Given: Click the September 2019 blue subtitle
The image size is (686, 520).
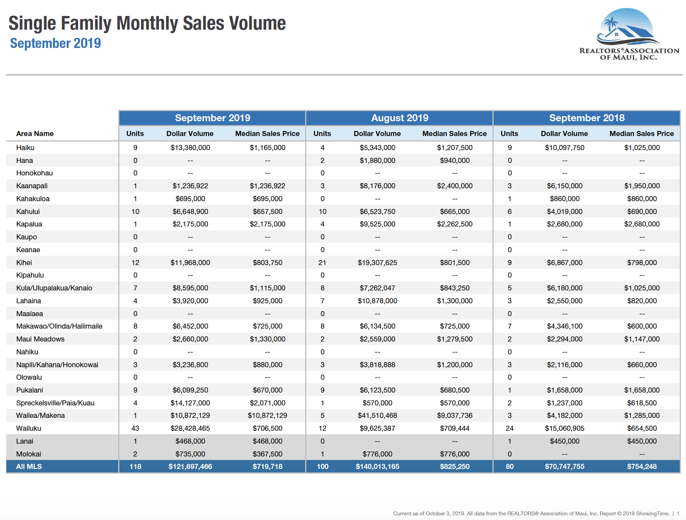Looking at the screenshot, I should (x=55, y=43).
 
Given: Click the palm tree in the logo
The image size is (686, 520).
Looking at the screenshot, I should (x=610, y=24).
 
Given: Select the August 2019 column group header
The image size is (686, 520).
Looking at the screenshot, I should (x=400, y=118).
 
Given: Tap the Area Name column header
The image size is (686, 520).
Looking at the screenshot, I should (x=35, y=134).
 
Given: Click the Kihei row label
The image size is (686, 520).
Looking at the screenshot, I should (x=24, y=263).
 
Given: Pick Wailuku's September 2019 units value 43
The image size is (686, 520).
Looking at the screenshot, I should (x=135, y=428).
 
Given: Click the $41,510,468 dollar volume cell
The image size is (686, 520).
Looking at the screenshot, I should (x=377, y=416).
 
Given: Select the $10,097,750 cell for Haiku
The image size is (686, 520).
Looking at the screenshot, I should (x=564, y=148).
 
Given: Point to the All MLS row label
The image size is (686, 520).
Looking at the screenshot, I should (x=29, y=467).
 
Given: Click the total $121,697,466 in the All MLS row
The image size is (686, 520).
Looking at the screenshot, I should (x=190, y=467).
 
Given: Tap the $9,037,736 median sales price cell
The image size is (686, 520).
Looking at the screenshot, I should (x=455, y=416).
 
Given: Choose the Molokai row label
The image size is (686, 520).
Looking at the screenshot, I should (x=28, y=454).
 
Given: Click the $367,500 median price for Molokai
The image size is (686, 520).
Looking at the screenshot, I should (x=267, y=454).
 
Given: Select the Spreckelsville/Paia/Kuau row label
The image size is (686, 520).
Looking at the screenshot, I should (x=55, y=403).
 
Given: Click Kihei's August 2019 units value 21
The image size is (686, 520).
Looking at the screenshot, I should (x=322, y=263).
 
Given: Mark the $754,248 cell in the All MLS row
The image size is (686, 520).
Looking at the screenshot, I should (x=642, y=467).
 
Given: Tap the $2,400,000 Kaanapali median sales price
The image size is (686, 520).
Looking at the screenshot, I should (x=455, y=186).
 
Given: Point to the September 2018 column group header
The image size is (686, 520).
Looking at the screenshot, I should (x=586, y=118).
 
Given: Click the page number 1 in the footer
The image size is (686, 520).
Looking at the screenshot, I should (x=678, y=513).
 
